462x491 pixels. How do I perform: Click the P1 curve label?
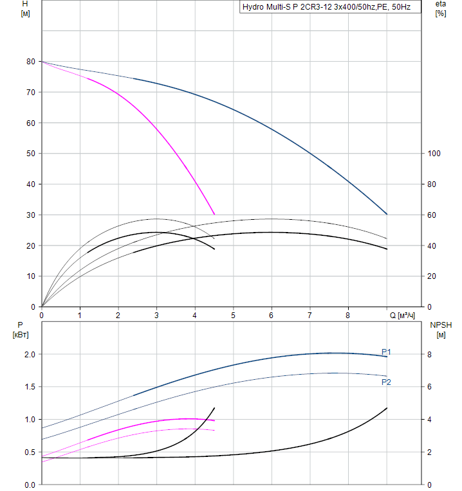[x=386, y=352]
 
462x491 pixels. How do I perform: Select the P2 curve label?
[x=386, y=382]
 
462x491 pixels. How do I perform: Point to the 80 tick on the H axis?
[x=30, y=62]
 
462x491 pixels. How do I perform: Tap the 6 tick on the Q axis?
[x=272, y=315]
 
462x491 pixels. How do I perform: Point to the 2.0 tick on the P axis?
[x=29, y=355]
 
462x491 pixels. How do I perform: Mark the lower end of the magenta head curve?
[x=214, y=214]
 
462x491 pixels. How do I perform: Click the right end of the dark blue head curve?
[x=387, y=214]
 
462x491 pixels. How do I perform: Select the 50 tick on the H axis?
[x=30, y=154]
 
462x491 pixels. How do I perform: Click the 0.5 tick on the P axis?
[x=29, y=452]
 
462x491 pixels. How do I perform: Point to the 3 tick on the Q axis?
[x=156, y=315]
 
